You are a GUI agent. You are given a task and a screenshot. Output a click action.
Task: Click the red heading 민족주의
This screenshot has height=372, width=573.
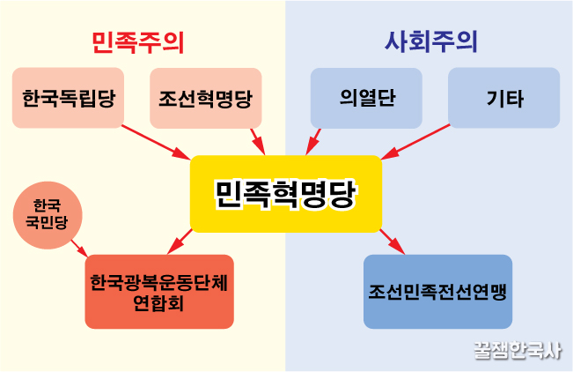(143, 41)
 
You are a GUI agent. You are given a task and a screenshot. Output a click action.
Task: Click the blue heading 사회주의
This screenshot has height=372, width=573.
(431, 41)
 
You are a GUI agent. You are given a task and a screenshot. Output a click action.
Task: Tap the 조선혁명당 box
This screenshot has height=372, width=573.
(207, 97)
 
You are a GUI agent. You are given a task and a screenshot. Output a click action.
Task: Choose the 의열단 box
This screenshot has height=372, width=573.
(366, 97)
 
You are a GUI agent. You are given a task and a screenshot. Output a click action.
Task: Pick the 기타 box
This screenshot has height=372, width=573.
(503, 97)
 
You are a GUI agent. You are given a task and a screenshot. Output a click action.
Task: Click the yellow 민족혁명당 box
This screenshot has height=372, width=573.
(286, 194)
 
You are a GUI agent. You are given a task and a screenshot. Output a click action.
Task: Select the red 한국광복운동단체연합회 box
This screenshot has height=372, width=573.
(159, 292)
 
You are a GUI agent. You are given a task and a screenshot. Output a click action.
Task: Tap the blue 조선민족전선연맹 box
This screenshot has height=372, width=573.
(437, 292)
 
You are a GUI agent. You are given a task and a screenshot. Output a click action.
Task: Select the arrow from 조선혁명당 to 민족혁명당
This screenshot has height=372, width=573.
(257, 141)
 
